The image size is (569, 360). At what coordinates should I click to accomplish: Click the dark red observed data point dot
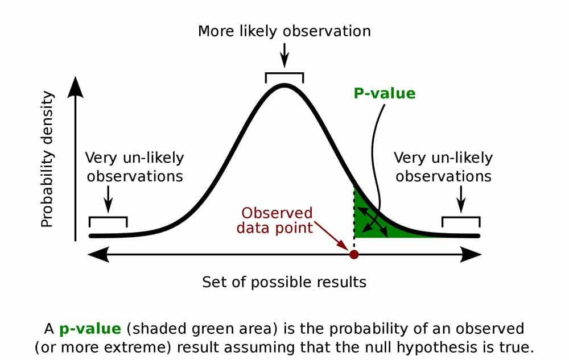click(x=354, y=254)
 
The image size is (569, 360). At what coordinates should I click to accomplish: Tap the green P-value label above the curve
click(x=385, y=93)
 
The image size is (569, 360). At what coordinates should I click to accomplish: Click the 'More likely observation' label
click(x=284, y=31)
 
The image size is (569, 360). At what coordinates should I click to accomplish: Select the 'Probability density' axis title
click(x=48, y=160)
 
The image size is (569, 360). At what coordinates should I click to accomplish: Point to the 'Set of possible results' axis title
click(x=284, y=282)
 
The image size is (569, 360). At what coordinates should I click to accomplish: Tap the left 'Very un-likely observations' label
click(x=135, y=167)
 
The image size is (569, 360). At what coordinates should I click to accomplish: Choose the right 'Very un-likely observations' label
click(x=444, y=167)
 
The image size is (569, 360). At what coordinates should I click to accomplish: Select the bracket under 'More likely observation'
click(x=284, y=75)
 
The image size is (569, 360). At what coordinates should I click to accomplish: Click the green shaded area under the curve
click(x=370, y=225)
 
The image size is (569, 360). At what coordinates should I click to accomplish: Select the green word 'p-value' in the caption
click(x=90, y=329)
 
